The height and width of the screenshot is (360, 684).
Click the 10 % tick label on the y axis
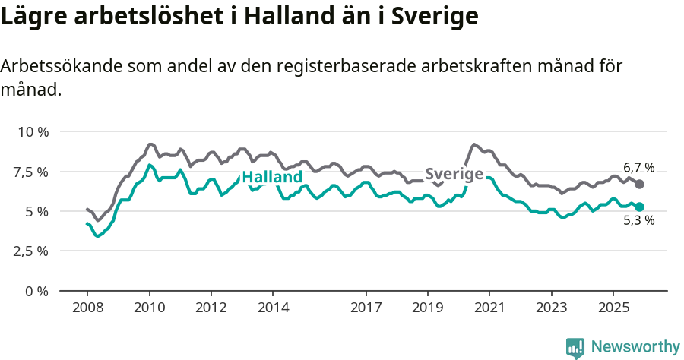[33, 131]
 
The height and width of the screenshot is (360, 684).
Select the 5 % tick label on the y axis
[36, 211]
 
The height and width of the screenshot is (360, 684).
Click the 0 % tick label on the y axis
[36, 291]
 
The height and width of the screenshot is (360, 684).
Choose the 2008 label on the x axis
[87, 308]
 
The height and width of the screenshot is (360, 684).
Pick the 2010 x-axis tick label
[149, 308]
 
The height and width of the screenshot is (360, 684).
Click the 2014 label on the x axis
[273, 308]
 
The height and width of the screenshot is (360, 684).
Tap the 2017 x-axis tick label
[366, 308]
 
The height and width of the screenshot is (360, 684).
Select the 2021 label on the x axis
[489, 308]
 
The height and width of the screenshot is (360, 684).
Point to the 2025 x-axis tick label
[613, 308]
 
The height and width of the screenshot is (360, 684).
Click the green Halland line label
[272, 178]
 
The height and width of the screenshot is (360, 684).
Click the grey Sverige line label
[454, 174]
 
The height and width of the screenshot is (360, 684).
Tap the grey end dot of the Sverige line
[640, 185]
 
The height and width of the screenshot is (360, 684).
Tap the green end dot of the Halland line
[640, 207]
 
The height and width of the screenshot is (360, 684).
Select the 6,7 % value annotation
[638, 167]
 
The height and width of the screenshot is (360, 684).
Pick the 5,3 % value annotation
[638, 222]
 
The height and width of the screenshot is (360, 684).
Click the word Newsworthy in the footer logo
[635, 347]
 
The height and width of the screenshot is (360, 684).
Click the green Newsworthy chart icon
[575, 348]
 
